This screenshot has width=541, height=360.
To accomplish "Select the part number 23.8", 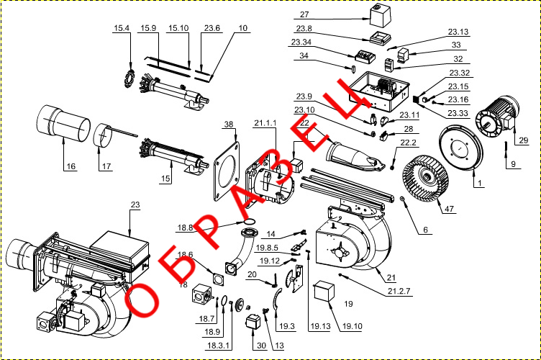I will click(304, 29).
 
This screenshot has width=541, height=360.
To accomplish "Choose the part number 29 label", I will click(523, 139).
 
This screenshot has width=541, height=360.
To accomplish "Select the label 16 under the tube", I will click(71, 166).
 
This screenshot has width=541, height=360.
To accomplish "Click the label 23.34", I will click(301, 42).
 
